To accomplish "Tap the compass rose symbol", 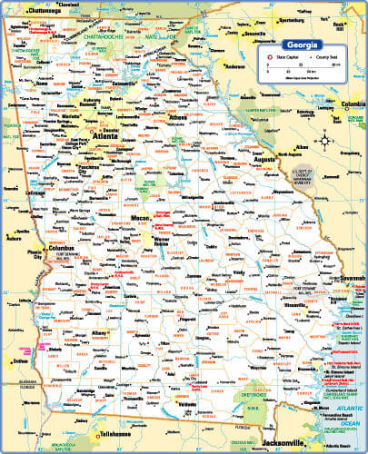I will pos(326,141).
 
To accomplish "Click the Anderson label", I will pos(236,66).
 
